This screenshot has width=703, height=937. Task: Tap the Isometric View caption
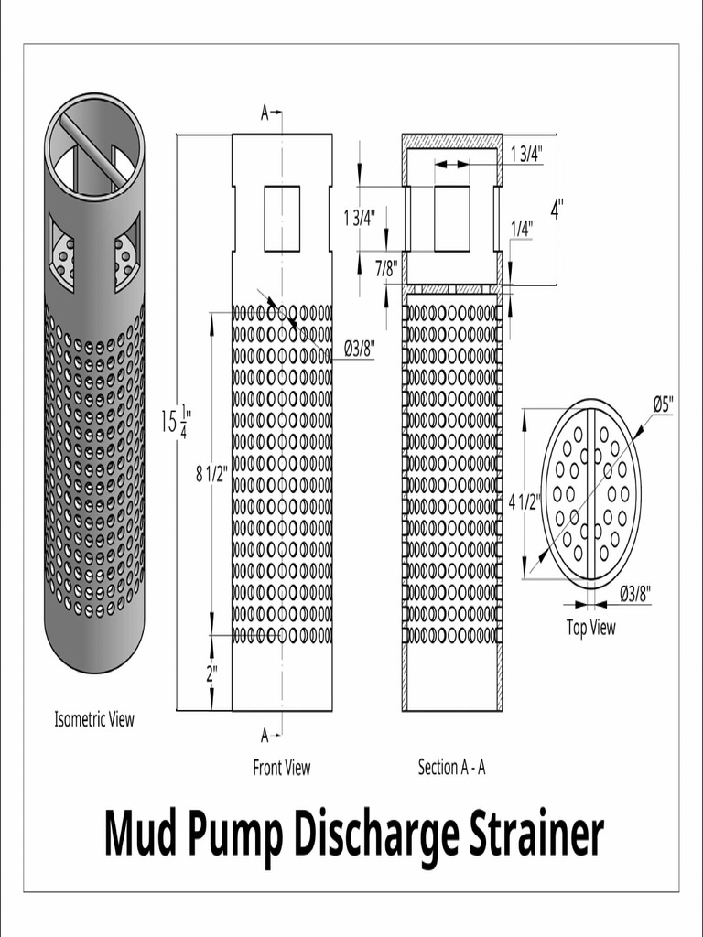(x=94, y=719)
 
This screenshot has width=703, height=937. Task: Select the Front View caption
(x=281, y=768)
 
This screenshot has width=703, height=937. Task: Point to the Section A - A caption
(x=451, y=768)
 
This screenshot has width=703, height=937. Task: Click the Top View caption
(x=590, y=628)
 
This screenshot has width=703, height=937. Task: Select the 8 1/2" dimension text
(x=211, y=474)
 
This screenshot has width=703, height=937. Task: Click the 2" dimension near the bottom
(x=211, y=674)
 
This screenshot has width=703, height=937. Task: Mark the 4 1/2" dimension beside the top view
(x=525, y=501)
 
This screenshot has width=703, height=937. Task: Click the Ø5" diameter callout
(x=664, y=404)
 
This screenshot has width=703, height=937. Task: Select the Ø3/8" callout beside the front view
(x=359, y=349)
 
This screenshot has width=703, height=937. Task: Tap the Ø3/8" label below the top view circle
(x=634, y=594)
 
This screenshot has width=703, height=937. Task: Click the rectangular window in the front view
(x=282, y=219)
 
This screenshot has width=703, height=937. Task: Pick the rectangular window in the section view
(x=451, y=219)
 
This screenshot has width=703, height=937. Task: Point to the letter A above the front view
(x=265, y=113)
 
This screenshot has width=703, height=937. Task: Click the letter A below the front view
(x=265, y=735)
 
